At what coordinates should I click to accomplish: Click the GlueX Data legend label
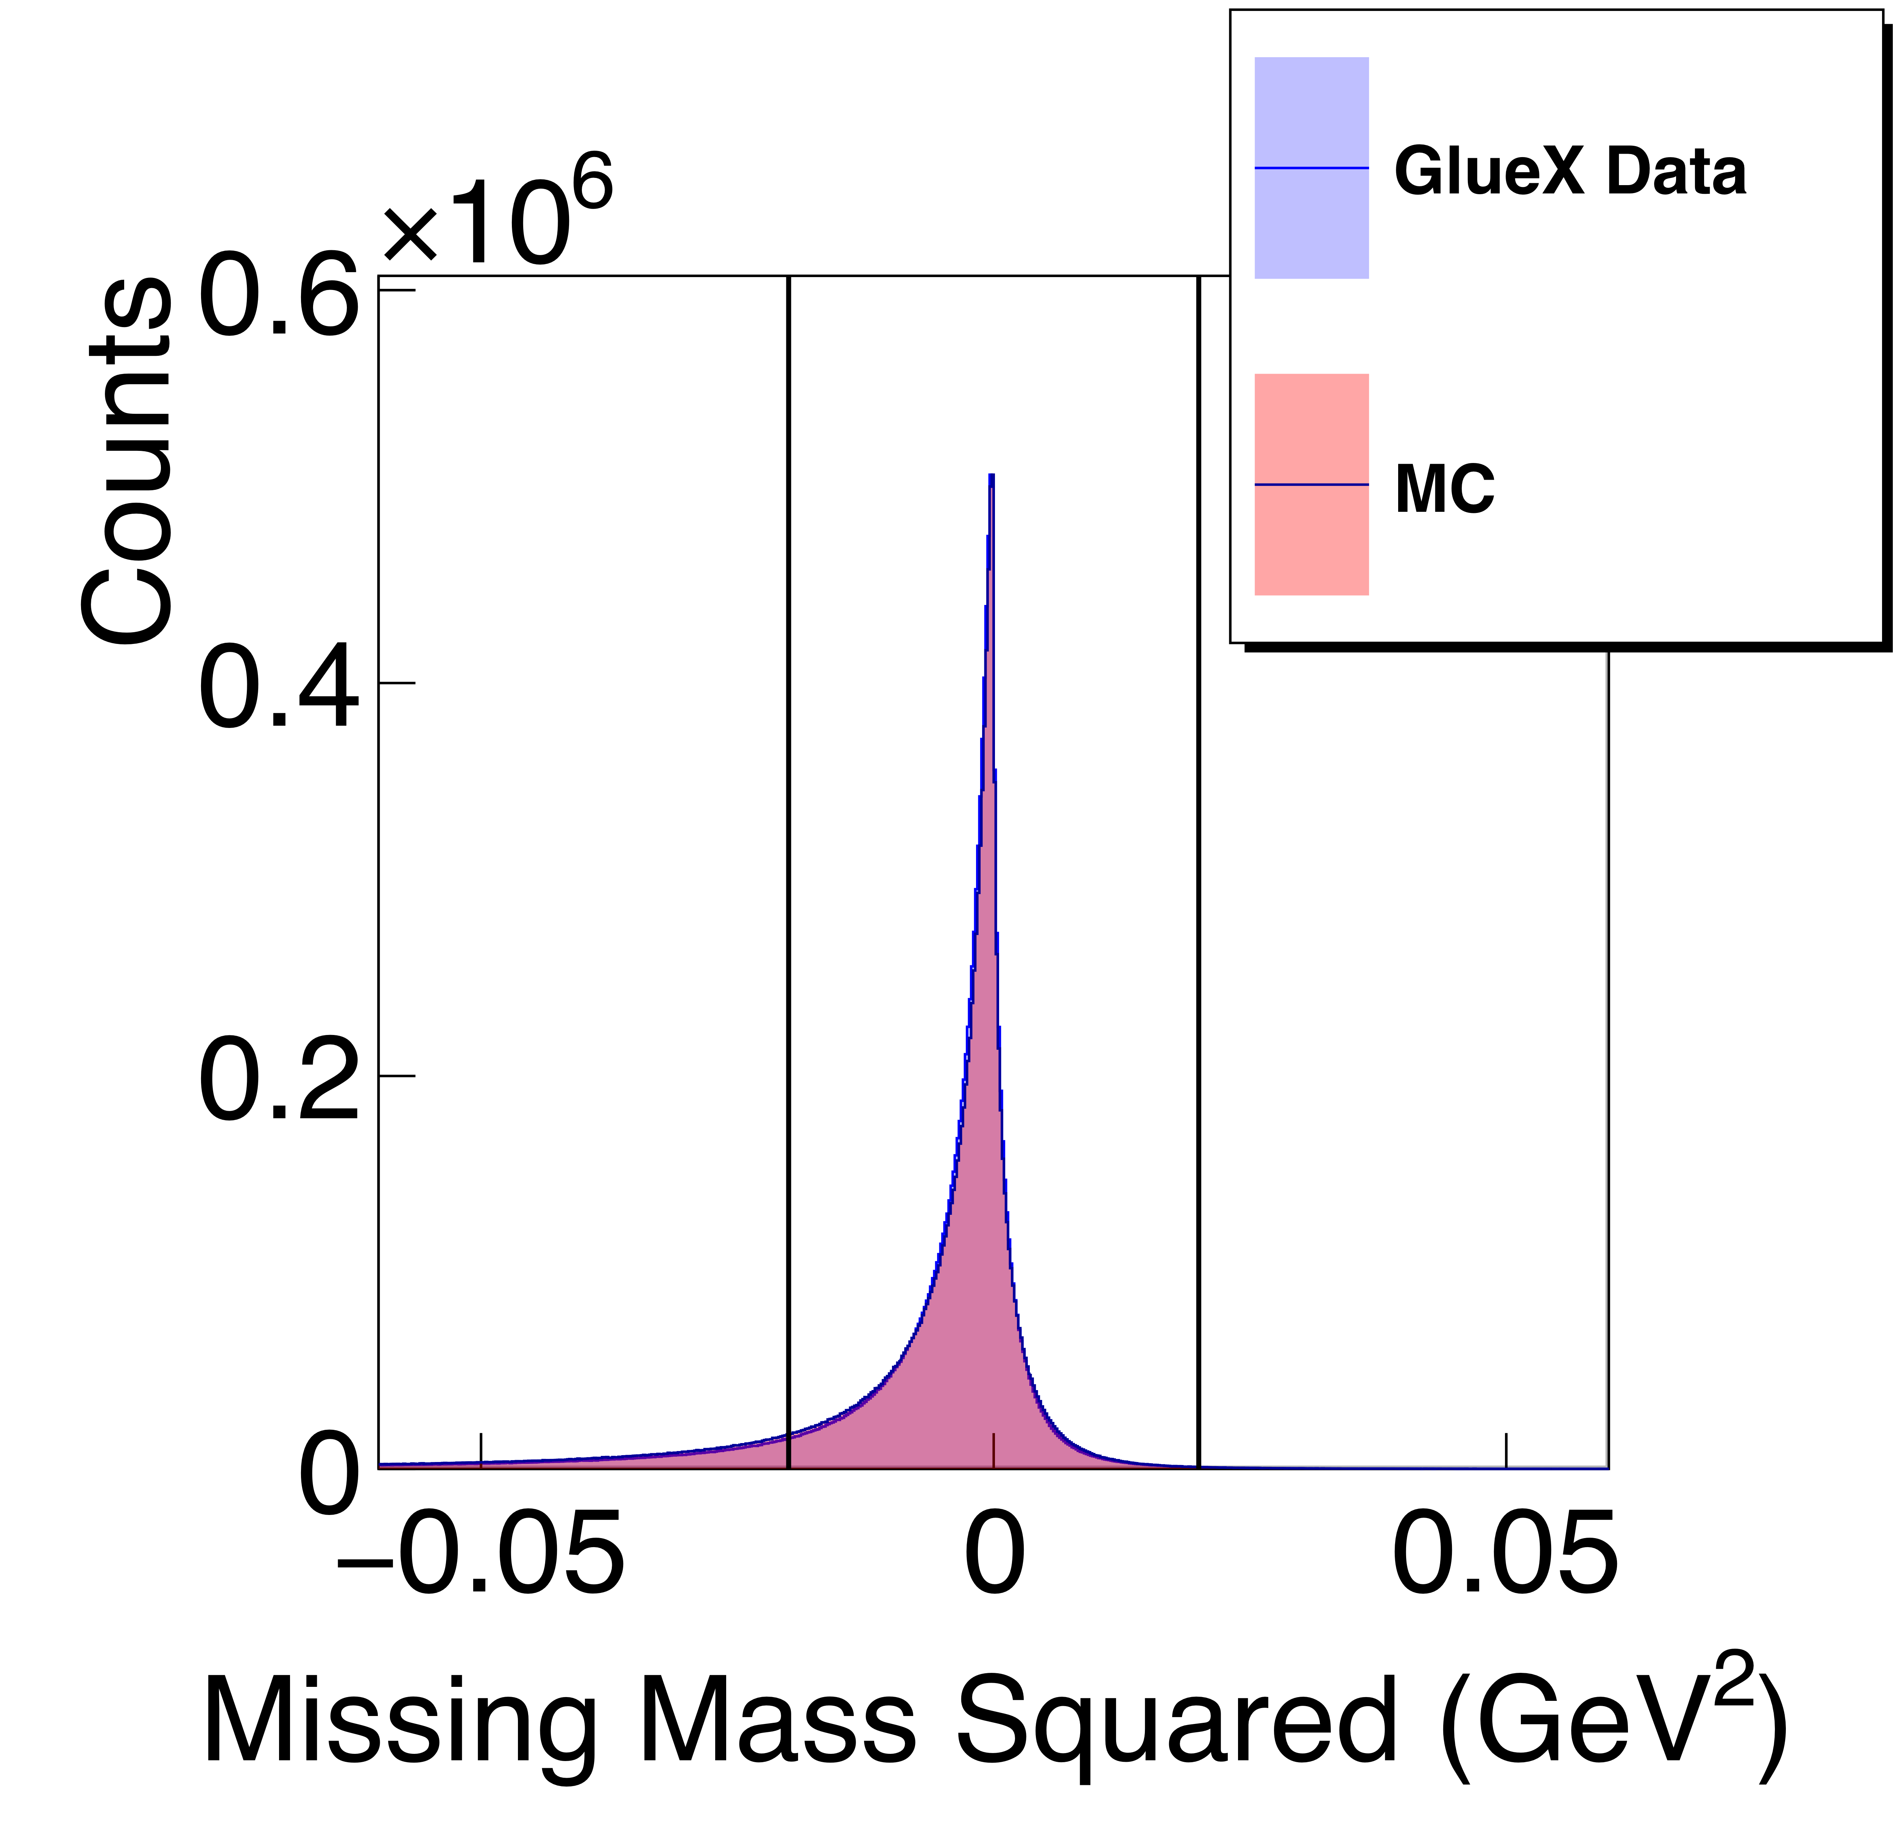(1569, 172)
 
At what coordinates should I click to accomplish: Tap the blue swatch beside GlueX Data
(1311, 168)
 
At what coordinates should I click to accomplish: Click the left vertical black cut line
(788, 869)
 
